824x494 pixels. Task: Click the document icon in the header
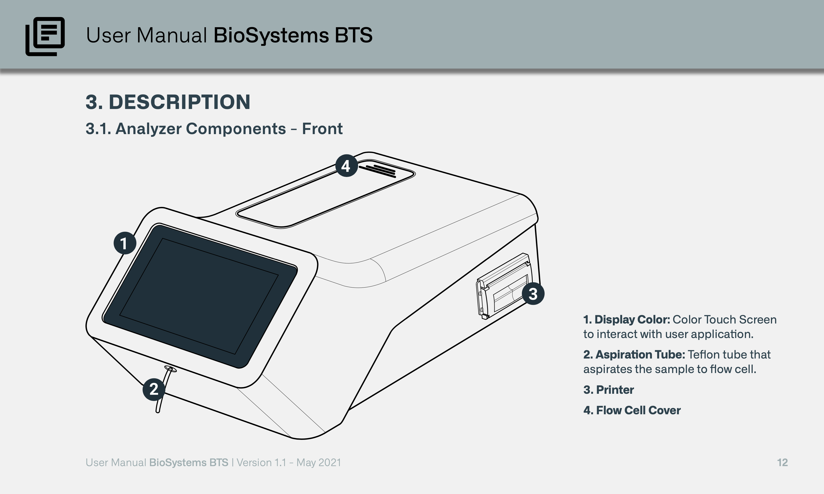point(45,36)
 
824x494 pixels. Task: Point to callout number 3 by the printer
point(533,294)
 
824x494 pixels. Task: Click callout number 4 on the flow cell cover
point(346,165)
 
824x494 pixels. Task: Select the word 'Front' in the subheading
point(322,129)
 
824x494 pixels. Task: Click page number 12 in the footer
point(782,462)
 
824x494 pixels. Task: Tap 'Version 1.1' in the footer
point(261,462)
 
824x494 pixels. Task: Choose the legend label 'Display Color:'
point(632,320)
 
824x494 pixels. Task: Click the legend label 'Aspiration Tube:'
point(640,355)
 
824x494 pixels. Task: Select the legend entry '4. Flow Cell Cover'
point(632,410)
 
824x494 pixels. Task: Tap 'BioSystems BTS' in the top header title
point(293,35)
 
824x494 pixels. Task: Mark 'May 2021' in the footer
point(319,463)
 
